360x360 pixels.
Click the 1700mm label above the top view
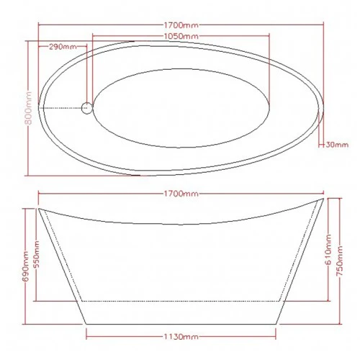tap(181, 25)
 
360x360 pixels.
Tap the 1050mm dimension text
tap(181, 36)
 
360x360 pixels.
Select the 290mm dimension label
tap(63, 46)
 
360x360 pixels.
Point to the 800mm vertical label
tap(29, 108)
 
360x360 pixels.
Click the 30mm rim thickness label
tap(337, 145)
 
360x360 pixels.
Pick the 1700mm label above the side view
tap(181, 194)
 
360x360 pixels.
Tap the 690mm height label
tap(25, 266)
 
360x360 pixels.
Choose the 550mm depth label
tap(37, 256)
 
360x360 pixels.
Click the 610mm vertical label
tap(328, 250)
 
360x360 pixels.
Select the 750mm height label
tap(340, 261)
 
